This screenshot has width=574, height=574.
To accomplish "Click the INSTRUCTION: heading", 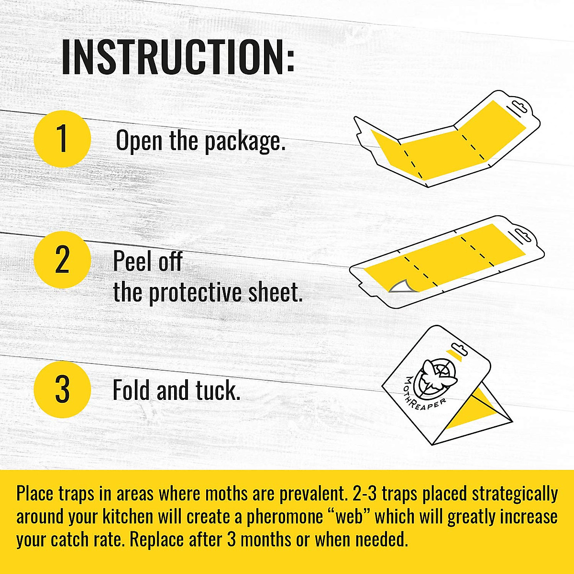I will [178, 57].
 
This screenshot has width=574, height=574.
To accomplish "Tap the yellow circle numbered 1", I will [62, 139].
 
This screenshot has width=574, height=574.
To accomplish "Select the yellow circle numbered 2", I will [62, 260].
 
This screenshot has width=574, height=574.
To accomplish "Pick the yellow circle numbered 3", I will [62, 390].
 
